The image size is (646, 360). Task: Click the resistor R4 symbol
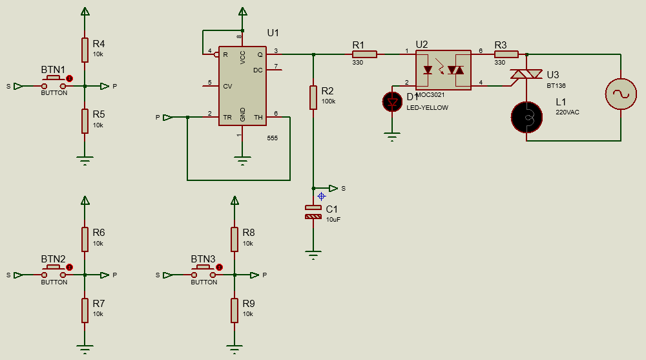pos(85,50)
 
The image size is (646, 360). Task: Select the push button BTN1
pos(54,83)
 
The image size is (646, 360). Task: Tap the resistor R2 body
pos(313,97)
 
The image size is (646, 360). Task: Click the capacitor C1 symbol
pos(313,211)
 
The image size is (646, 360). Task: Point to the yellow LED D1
pos(391,101)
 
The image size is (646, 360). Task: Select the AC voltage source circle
pos(621,94)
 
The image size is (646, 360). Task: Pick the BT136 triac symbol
pos(526,76)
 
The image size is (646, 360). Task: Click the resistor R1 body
pos(364,54)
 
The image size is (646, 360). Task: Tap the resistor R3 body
pos(506,54)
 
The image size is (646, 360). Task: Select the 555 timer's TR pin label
pos(227,118)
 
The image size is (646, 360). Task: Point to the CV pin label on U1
pos(227,85)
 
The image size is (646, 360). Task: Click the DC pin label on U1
pos(258,70)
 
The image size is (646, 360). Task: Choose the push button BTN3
pos(203,272)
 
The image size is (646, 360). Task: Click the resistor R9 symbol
pos(234,310)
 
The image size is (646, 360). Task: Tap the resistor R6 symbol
pos(85,239)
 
